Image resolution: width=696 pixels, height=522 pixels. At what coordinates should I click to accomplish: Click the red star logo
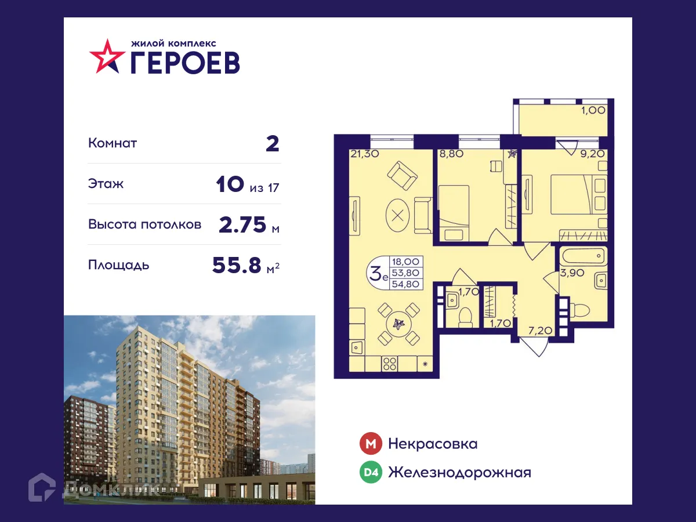pyautogui.click(x=107, y=56)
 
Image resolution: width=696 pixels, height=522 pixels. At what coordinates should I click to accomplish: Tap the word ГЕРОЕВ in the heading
pyautogui.click(x=184, y=62)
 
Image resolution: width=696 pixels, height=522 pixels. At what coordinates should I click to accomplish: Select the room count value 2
pyautogui.click(x=272, y=143)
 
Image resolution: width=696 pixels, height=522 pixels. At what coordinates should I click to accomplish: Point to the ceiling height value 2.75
pyautogui.click(x=242, y=224)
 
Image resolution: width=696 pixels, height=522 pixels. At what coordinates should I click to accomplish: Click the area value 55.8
pyautogui.click(x=238, y=265)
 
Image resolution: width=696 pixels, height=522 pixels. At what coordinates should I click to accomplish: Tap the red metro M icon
pyautogui.click(x=370, y=444)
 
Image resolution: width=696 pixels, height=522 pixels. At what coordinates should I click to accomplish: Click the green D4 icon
pyautogui.click(x=370, y=473)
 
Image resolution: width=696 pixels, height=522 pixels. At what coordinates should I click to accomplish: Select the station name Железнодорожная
pyautogui.click(x=459, y=473)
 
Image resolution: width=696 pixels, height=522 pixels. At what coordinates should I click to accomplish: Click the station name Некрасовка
pyautogui.click(x=433, y=444)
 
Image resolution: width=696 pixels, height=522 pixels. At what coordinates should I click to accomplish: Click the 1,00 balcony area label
pyautogui.click(x=593, y=109)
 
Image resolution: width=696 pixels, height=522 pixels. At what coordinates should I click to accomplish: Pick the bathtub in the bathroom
pyautogui.click(x=583, y=256)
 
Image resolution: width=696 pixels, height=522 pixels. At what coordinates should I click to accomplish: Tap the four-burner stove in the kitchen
pyautogui.click(x=390, y=364)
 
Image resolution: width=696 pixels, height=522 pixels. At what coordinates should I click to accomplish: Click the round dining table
pyautogui.click(x=398, y=324)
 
